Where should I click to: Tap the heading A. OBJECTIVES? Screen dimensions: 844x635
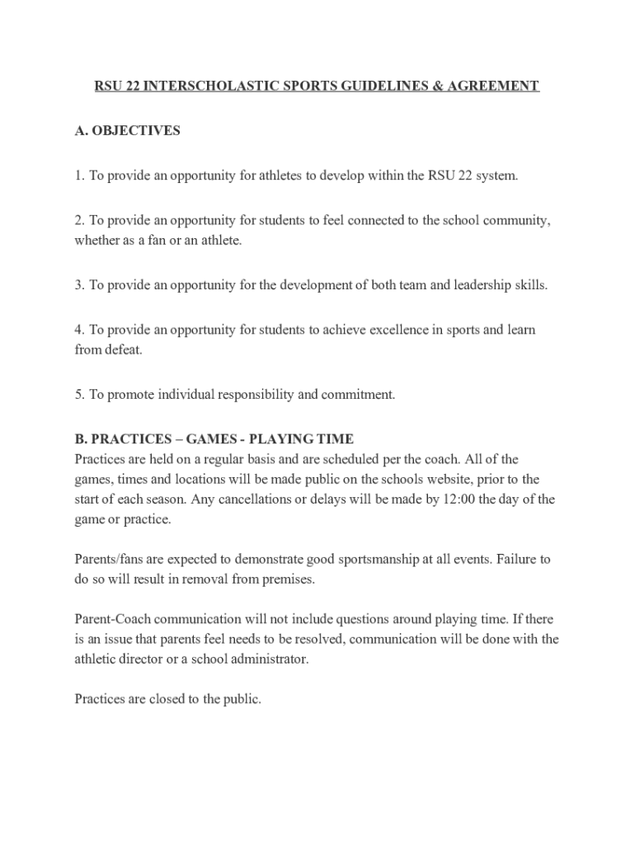(127, 131)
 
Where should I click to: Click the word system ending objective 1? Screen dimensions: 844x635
(496, 176)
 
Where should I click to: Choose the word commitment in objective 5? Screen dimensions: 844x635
(360, 395)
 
